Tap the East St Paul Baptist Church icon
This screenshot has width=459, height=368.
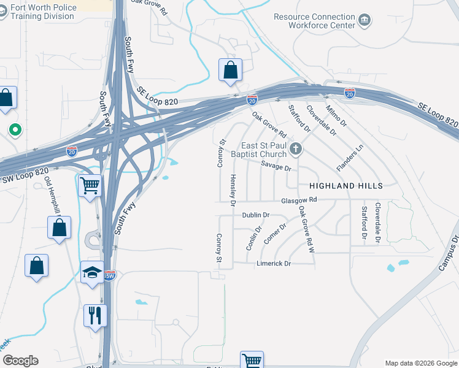tap(296, 148)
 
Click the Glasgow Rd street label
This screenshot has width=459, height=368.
tap(299, 200)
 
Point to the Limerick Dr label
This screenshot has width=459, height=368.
tap(273, 263)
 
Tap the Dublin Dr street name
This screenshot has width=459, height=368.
tap(256, 215)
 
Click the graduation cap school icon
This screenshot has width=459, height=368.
tap(92, 270)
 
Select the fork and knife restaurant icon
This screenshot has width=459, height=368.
tap(95, 315)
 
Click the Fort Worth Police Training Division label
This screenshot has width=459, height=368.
tap(38, 12)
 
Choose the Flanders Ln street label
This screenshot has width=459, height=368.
tap(350, 158)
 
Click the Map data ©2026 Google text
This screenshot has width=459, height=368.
tap(420, 363)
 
